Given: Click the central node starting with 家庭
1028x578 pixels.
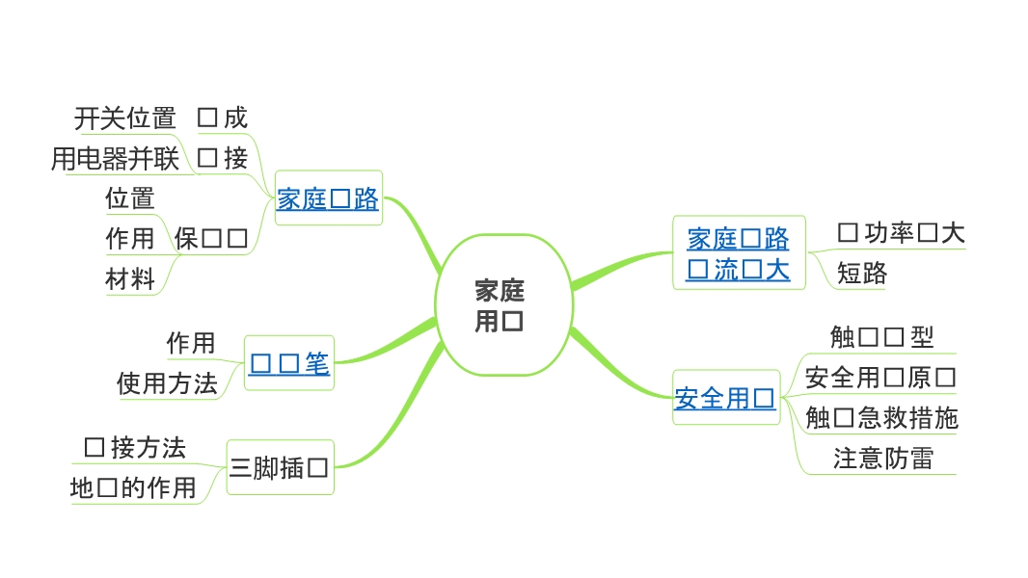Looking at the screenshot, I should click(500, 305).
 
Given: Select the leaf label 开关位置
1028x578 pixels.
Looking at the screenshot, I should click(125, 118).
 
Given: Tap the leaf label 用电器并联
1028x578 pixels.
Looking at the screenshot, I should click(116, 158).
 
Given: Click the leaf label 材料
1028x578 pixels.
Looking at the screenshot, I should click(130, 279).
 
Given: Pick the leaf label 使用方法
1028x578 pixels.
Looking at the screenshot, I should click(167, 383).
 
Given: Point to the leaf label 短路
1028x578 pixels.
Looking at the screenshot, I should click(861, 274).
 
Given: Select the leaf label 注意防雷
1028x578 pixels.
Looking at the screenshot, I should click(882, 458).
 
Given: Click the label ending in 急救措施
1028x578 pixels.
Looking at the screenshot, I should click(881, 417).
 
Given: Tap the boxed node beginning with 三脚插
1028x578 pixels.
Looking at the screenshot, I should click(280, 469).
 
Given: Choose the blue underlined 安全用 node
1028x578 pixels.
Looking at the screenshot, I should click(725, 398).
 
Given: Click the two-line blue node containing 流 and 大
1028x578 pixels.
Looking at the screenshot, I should click(738, 253).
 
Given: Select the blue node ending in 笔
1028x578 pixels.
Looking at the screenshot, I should click(289, 363).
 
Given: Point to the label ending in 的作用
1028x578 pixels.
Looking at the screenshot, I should click(133, 487).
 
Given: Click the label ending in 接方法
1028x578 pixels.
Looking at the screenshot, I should click(135, 447).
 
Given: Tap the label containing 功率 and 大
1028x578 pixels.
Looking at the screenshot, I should click(901, 232).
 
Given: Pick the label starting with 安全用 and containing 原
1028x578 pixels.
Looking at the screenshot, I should click(879, 377).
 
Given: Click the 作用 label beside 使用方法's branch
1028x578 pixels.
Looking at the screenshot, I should click(191, 343).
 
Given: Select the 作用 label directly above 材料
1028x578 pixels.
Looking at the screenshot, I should click(130, 238).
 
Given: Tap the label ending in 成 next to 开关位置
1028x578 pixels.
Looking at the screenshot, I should click(223, 118).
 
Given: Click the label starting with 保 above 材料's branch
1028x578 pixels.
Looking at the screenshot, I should click(212, 238).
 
